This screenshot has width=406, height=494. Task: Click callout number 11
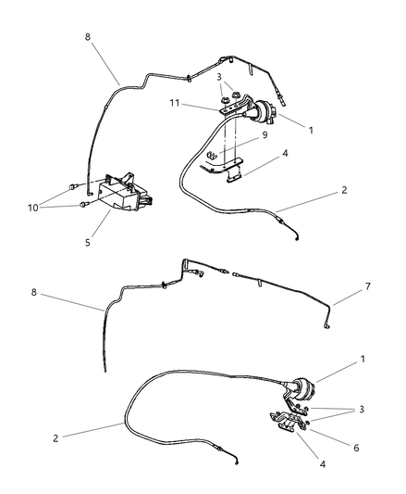(x=175, y=103)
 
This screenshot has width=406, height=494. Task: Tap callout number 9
(x=265, y=134)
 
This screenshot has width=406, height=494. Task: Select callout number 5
(x=88, y=243)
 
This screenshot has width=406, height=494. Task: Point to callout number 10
(x=32, y=208)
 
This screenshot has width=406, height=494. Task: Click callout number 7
(x=368, y=286)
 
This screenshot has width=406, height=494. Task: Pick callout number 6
(x=356, y=448)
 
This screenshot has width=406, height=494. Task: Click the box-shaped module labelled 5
(x=125, y=192)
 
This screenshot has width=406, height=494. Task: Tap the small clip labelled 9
(x=212, y=156)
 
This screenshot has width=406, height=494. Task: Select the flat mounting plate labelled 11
(x=232, y=109)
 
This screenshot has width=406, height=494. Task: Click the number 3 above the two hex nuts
(x=219, y=77)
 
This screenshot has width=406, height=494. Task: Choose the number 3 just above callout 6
(x=362, y=410)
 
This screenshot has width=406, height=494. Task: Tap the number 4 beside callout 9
(x=285, y=154)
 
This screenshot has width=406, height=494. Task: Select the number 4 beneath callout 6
(x=323, y=464)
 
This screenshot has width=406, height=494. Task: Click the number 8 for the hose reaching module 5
(x=88, y=37)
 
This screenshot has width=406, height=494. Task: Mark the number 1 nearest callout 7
(x=363, y=359)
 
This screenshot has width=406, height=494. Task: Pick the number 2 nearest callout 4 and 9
(x=344, y=190)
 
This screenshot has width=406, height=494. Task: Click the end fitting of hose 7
(x=327, y=327)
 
